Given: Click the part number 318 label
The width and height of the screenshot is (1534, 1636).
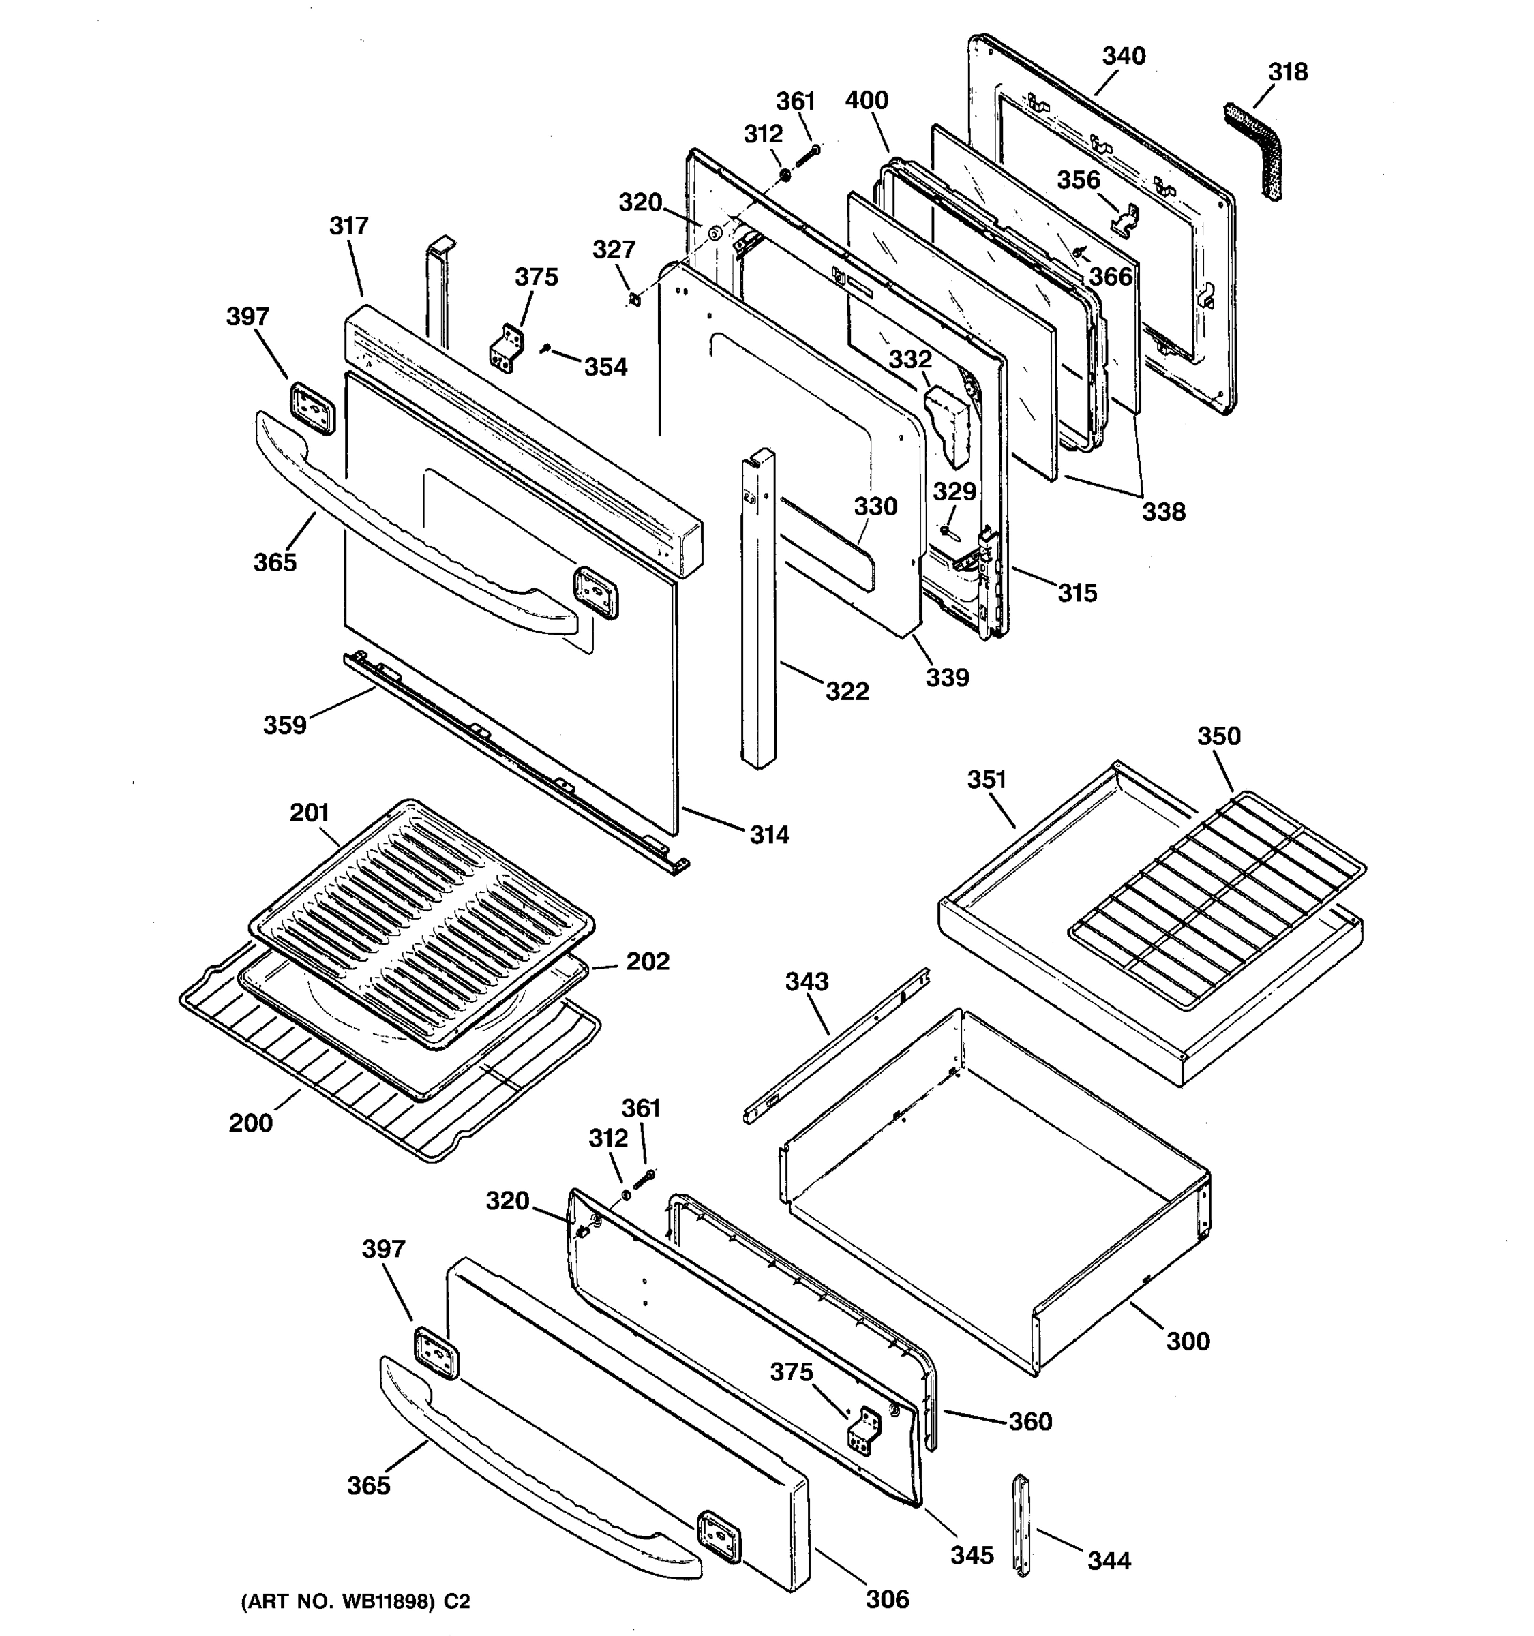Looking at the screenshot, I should [x=1287, y=72].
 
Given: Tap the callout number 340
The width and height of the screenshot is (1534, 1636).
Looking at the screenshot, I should [x=1124, y=56].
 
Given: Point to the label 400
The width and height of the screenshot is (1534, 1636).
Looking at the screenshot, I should [x=867, y=100].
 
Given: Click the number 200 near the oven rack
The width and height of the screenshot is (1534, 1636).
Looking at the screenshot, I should [x=250, y=1123].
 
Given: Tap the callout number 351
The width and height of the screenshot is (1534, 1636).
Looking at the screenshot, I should [x=987, y=779].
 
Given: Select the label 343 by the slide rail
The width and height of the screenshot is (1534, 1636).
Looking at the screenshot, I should [x=807, y=981].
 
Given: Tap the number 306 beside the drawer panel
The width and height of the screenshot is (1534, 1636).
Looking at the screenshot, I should [x=887, y=1599].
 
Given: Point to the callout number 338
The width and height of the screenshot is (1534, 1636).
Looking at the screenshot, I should [x=1163, y=512].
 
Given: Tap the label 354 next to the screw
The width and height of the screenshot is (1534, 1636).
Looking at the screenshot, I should [x=605, y=367].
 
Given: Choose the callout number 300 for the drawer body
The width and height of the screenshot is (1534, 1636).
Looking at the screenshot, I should [x=1188, y=1341].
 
